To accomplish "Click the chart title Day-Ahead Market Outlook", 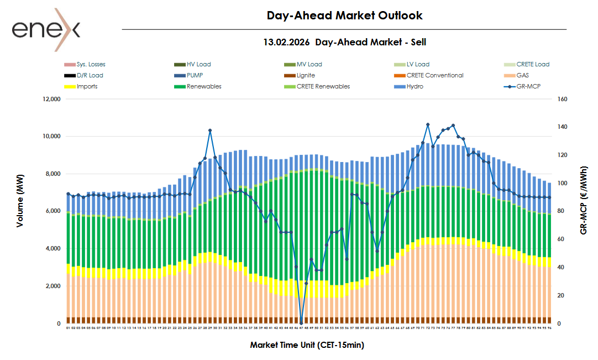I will pos(344,15).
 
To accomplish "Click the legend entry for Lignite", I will pos(306,75).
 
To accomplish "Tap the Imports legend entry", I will pos(87,86).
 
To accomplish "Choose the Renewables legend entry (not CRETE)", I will pos(204,86).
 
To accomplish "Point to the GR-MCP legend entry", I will pos(528,86).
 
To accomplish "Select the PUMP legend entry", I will pos(195,75).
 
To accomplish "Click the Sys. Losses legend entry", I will pos(91,64).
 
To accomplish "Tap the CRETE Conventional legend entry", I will pos(435,75).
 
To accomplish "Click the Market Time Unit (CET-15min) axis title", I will pos(307,345).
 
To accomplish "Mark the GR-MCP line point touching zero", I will pos(301,323).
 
